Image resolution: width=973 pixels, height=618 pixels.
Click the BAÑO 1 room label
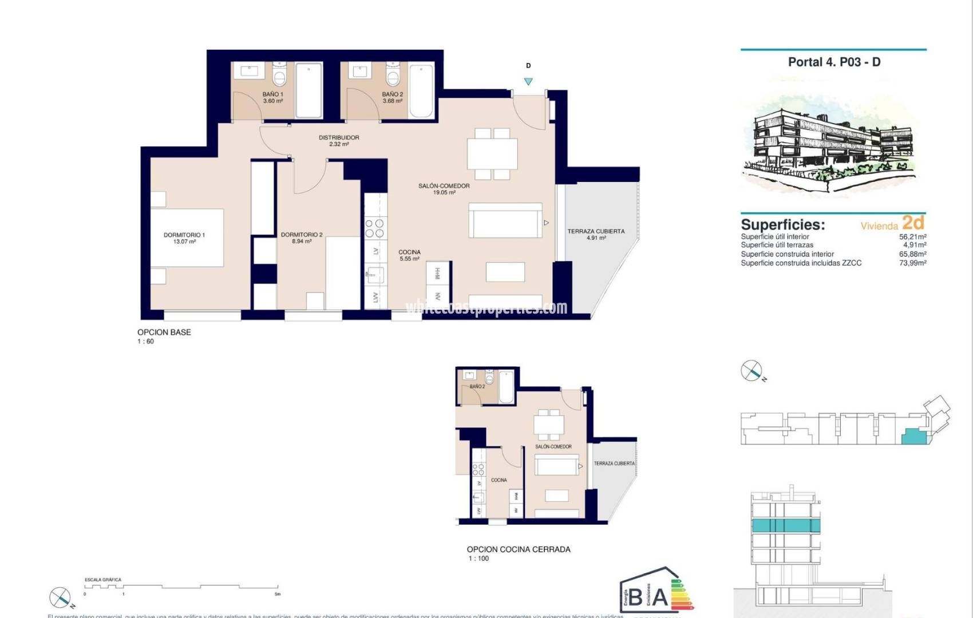pyautogui.click(x=273, y=97)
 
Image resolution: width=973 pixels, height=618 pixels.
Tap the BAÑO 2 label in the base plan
pyautogui.click(x=393, y=97)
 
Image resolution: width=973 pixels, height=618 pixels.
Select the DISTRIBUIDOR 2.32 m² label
pyautogui.click(x=339, y=141)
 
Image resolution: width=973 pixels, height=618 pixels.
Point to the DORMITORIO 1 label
pyautogui.click(x=184, y=238)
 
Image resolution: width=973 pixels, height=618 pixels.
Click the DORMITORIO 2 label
pyautogui.click(x=302, y=238)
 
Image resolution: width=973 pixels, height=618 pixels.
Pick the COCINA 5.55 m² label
pyautogui.click(x=409, y=255)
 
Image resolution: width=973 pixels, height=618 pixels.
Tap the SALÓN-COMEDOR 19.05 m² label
pyautogui.click(x=444, y=189)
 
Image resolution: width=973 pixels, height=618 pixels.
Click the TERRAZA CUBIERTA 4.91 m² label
pyautogui.click(x=596, y=235)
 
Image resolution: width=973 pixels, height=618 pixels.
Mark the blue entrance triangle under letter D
pyautogui.click(x=528, y=82)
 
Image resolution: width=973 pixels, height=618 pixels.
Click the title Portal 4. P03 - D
pyautogui.click(x=834, y=62)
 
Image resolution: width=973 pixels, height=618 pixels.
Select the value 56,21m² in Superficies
pyautogui.click(x=912, y=236)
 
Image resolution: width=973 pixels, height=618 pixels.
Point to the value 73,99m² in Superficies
pyautogui.click(x=912, y=263)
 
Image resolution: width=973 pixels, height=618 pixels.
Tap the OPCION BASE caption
pyautogui.click(x=164, y=332)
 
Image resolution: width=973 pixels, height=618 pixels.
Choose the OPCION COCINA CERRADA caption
pyautogui.click(x=519, y=549)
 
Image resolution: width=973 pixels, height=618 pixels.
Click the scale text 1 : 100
pyautogui.click(x=478, y=558)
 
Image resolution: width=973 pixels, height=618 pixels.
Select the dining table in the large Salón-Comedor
pyautogui.click(x=492, y=153)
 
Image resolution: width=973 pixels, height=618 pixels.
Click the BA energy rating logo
pyautogui.click(x=655, y=592)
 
